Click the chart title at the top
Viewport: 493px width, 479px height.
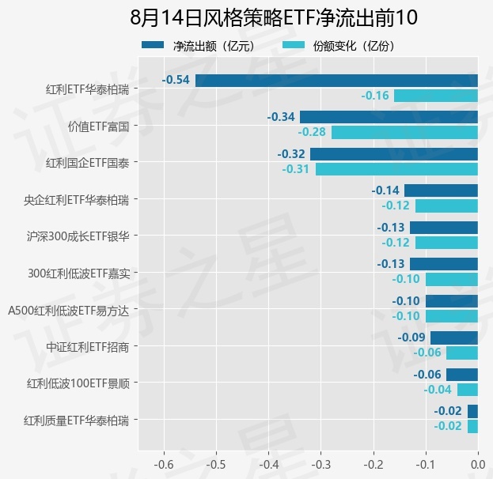[274, 17]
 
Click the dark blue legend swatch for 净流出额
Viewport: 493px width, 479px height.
[153, 45]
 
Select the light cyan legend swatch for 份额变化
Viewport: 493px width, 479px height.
[294, 45]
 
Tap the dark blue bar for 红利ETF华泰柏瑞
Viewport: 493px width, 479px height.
[336, 81]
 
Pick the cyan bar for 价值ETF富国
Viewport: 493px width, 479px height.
[404, 132]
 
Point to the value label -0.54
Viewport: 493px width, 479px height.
[176, 80]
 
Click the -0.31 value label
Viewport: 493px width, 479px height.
[295, 169]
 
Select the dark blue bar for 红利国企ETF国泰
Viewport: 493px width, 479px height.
[394, 154]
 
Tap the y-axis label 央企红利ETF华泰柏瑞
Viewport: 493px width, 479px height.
[77, 200]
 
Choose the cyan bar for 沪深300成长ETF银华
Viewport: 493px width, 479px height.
[446, 243]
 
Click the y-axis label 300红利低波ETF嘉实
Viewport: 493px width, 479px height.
[78, 273]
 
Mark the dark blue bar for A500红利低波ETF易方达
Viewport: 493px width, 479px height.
[452, 301]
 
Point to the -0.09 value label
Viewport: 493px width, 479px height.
[411, 338]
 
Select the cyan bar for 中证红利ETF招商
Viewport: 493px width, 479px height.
[462, 353]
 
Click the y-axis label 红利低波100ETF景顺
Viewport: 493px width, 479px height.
[78, 383]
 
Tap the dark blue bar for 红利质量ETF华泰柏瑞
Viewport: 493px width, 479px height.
[473, 411]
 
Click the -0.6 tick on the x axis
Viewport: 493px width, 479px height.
[164, 464]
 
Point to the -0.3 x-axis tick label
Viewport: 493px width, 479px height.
[321, 464]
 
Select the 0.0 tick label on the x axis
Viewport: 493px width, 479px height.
[478, 464]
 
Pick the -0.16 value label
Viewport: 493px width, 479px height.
[375, 96]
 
